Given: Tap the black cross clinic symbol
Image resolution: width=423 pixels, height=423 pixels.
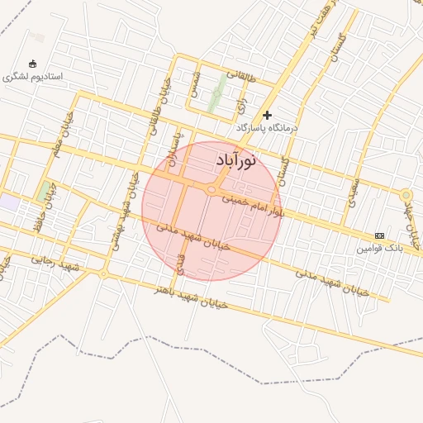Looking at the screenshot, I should [267, 115].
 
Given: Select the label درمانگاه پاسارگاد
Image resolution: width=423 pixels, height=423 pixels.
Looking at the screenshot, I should [267, 129].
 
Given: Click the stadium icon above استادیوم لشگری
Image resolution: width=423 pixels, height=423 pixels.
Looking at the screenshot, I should [32, 64].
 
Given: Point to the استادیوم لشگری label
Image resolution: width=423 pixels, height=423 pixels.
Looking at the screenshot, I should [32, 76].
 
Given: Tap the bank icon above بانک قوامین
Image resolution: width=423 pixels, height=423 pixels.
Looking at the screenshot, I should [379, 235].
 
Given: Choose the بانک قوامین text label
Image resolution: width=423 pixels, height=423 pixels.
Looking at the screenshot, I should [379, 248].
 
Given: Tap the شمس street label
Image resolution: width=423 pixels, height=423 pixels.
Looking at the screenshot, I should [195, 88].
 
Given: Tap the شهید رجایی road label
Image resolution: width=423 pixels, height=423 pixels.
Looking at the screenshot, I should [55, 263].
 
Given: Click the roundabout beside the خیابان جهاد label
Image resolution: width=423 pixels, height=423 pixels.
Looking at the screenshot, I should [406, 195].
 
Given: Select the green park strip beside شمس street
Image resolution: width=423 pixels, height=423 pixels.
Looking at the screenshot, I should [216, 94].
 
